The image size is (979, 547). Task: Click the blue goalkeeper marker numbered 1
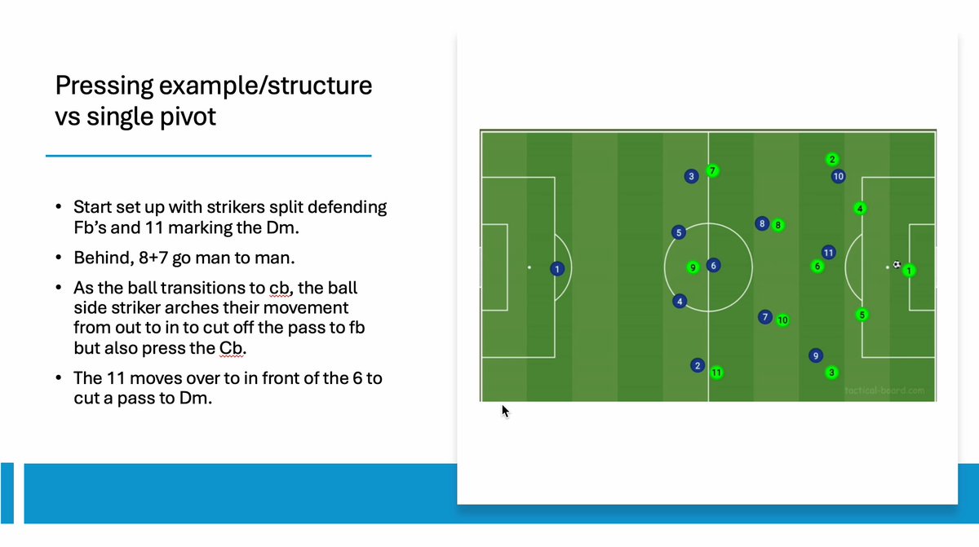(x=557, y=268)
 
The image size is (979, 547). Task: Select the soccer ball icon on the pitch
(x=897, y=264)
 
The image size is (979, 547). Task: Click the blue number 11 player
(x=828, y=253)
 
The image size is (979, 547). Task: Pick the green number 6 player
(x=817, y=266)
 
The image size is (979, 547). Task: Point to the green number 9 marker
(x=693, y=267)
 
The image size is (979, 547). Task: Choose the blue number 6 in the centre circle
(x=713, y=266)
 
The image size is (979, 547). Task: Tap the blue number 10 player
(x=838, y=176)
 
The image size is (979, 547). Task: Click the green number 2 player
(x=832, y=159)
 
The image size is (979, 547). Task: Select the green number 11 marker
(x=716, y=373)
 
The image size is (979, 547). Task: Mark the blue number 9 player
(x=815, y=355)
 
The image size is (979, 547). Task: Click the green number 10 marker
(x=782, y=320)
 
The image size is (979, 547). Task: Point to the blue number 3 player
(x=691, y=176)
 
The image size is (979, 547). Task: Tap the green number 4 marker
(x=859, y=209)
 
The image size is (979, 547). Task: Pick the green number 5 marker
(x=862, y=315)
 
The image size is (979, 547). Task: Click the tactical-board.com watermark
(x=884, y=390)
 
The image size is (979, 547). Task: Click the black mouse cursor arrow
(x=505, y=411)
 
